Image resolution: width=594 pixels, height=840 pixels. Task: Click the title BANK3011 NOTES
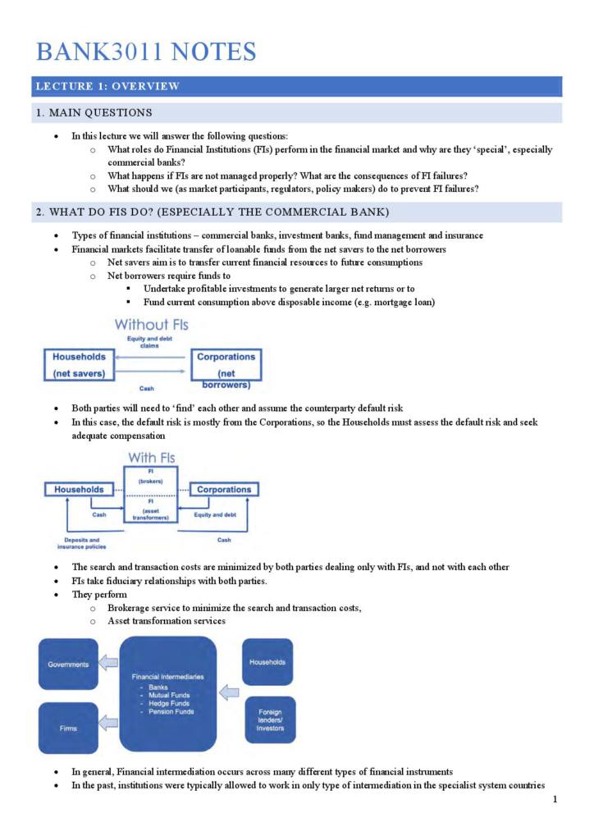(146, 52)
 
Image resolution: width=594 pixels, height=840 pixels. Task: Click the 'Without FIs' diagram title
(151, 325)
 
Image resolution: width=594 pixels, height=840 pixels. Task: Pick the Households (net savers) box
(80, 365)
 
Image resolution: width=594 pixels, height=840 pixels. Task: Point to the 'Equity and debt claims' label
(148, 342)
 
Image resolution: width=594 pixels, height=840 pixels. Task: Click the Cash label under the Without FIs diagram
(148, 388)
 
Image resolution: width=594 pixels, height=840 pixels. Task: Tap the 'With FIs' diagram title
(151, 457)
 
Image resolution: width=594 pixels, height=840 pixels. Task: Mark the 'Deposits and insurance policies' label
(80, 543)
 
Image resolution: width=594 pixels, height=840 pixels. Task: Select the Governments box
(67, 664)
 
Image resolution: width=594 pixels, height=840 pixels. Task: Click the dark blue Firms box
(67, 728)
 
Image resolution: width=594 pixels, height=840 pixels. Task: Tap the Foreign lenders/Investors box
(270, 719)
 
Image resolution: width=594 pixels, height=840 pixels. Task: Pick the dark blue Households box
(267, 661)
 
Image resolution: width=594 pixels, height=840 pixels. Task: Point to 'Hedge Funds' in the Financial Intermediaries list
(167, 703)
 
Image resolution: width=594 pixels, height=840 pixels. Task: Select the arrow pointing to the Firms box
(108, 724)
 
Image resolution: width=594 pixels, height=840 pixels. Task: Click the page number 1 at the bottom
(555, 800)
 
